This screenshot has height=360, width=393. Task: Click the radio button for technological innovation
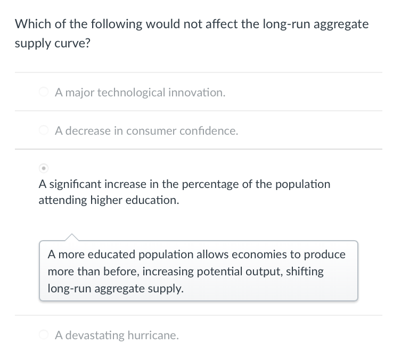[x=44, y=93]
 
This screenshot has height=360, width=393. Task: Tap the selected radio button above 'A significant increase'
[x=44, y=168]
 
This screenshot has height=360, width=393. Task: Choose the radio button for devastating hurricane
[x=44, y=336]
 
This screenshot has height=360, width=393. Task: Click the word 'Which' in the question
[x=30, y=24]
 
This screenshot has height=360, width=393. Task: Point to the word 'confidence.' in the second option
[x=209, y=131]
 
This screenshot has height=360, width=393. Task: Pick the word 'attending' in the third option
[x=61, y=201]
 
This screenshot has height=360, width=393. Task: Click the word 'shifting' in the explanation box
[x=305, y=272]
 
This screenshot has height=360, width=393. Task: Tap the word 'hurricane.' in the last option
[x=153, y=336]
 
